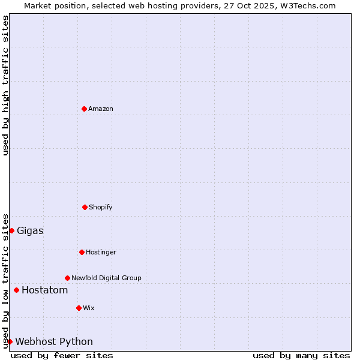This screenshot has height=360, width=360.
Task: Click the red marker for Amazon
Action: tap(84, 109)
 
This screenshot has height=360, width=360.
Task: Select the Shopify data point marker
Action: tap(85, 207)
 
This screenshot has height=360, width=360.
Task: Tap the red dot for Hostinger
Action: tap(82, 252)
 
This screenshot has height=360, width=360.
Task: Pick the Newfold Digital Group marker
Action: tap(67, 278)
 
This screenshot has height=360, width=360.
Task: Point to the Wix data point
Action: tap(79, 308)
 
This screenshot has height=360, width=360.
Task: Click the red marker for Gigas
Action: tap(11, 230)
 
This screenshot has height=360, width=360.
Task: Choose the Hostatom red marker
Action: tap(16, 290)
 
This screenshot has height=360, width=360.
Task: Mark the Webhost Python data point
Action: tap(10, 341)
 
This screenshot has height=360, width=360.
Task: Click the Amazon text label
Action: tap(101, 109)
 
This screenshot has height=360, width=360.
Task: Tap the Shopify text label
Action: tap(101, 207)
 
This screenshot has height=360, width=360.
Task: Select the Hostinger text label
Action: tap(101, 252)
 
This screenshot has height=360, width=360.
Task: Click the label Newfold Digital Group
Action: tap(106, 278)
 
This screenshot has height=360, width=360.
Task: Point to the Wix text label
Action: tap(89, 308)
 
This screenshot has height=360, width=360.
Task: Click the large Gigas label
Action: tap(30, 231)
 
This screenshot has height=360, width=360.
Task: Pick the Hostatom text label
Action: tap(44, 290)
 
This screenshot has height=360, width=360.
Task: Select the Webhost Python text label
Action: tap(54, 342)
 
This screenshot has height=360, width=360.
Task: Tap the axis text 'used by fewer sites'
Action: tap(62, 355)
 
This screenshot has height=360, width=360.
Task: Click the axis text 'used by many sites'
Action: tap(301, 355)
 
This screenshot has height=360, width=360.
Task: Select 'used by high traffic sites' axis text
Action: tap(5, 85)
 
